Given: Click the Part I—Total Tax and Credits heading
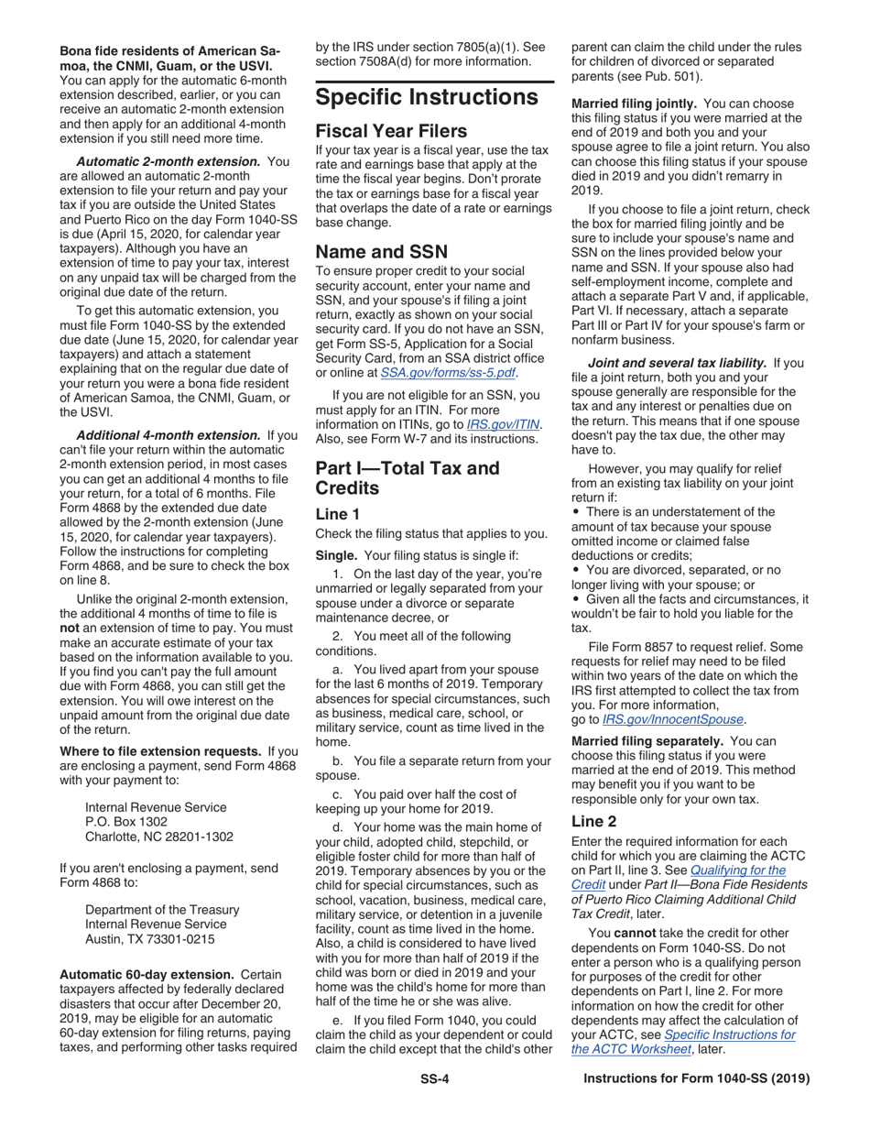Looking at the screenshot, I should [x=408, y=477].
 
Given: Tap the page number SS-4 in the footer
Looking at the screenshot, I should [x=434, y=1079].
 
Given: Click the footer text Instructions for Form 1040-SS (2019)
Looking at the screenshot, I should [x=696, y=1079].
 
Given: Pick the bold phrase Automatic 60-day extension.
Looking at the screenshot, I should [x=145, y=973].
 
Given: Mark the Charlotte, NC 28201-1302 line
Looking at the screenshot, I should [x=158, y=836].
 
